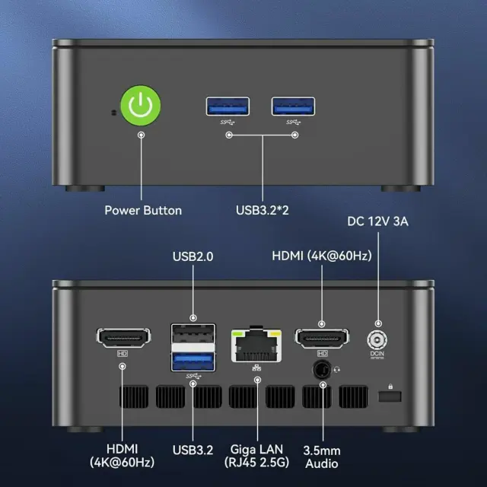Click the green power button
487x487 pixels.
point(140,106)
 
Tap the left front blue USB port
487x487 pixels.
point(228,107)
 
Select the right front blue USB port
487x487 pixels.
point(293,107)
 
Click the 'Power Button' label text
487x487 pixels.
point(143,211)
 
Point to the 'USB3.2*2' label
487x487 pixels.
point(263,210)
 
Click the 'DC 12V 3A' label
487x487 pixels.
point(377,221)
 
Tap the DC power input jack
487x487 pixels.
point(377,340)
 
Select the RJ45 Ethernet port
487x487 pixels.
point(256,345)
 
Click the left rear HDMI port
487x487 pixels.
point(123,338)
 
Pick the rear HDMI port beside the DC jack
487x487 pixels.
point(322,338)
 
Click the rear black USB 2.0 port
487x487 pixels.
point(193,333)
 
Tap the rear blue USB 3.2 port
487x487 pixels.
point(193,361)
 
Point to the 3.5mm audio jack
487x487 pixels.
point(321,370)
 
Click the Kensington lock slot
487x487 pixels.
point(390,396)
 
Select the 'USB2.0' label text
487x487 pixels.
point(193,256)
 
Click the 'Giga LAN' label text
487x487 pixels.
point(256,450)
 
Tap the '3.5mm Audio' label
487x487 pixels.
point(322,457)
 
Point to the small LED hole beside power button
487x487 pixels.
point(113,113)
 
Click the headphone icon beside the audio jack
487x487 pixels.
point(336,370)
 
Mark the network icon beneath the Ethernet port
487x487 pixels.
point(256,368)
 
